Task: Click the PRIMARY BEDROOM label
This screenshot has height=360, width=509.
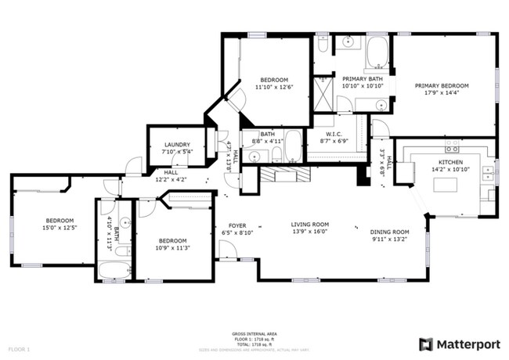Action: click(441, 85)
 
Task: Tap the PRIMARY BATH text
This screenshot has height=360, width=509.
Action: click(362, 78)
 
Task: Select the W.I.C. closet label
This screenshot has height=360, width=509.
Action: click(336, 134)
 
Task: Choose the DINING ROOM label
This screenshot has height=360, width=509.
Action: click(389, 232)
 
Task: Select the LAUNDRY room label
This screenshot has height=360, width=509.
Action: click(177, 144)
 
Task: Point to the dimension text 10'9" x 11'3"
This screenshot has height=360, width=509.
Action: click(172, 248)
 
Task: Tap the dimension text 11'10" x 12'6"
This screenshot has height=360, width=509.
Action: click(274, 87)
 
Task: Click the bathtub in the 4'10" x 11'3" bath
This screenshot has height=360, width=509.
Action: click(116, 270)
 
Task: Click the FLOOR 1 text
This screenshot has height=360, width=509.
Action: click(18, 347)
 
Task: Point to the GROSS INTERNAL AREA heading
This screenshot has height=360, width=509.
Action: click(254, 333)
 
